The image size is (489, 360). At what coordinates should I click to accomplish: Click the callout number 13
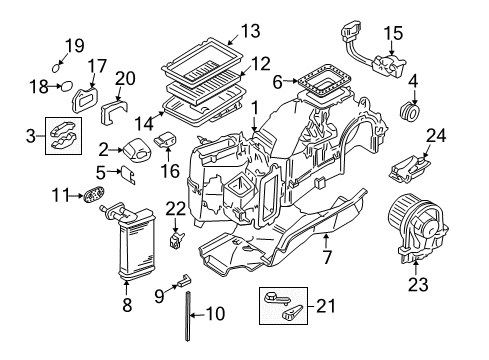(x=251, y=31)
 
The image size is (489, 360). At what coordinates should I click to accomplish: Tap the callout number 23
(x=418, y=284)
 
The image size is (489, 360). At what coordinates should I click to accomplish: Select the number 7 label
(x=327, y=257)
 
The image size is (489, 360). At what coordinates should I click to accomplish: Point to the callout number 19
(x=74, y=46)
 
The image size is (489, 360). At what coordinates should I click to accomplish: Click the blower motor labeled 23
(x=418, y=228)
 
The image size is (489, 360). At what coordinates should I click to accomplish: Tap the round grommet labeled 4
(x=409, y=112)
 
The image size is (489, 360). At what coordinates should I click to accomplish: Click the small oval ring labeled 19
(x=56, y=68)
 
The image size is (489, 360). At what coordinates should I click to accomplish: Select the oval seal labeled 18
(x=67, y=86)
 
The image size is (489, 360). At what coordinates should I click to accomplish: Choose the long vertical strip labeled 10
(x=188, y=316)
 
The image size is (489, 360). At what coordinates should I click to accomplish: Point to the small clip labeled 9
(x=184, y=280)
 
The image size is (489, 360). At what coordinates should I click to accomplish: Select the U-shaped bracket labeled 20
(x=114, y=111)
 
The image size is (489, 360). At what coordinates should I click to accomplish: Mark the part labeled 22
(x=176, y=240)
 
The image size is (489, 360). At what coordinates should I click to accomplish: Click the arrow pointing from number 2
(x=116, y=150)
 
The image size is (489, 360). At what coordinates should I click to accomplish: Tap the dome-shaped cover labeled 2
(x=137, y=149)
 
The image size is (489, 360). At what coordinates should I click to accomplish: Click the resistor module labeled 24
(x=409, y=170)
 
